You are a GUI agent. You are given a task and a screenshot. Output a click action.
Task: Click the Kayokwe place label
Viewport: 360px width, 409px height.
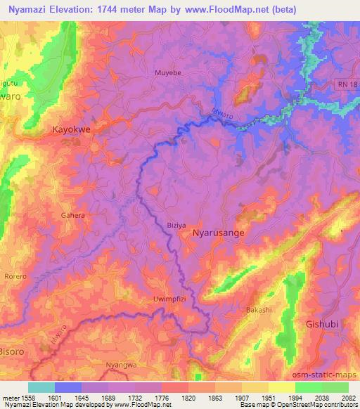coord(71,129)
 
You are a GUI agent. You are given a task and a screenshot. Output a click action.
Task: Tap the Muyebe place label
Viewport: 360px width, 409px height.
coord(167,72)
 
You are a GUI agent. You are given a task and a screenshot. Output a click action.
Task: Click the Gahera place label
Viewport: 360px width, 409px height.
coord(72,216)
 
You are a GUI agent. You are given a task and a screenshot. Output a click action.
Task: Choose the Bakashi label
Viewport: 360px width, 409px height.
coord(259,309)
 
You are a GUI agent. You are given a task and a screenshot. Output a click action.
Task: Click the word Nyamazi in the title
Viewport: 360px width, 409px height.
coord(28,9)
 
